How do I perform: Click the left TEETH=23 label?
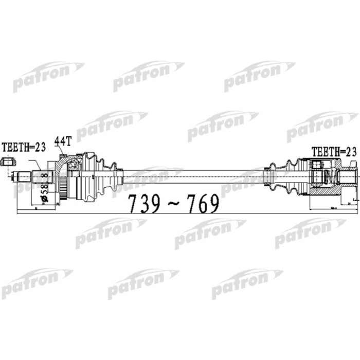coord(24,147)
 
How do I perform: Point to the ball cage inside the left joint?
coord(72,165)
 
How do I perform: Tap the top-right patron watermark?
coord(259,76)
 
